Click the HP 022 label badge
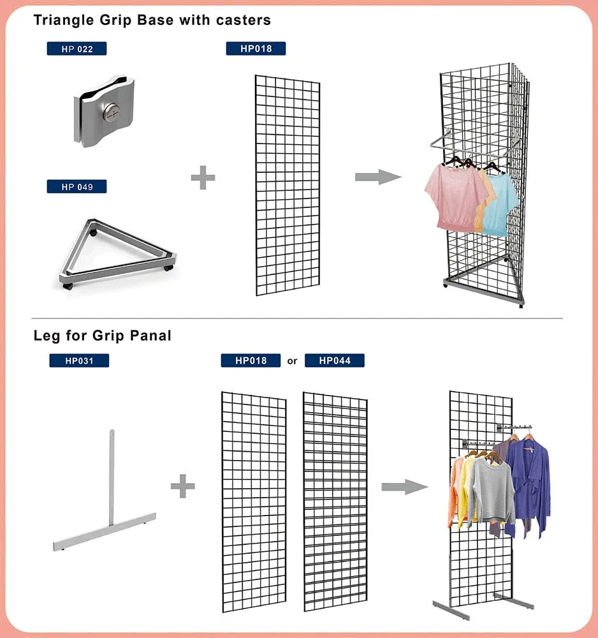pyautogui.click(x=77, y=48)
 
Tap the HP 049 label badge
pyautogui.click(x=77, y=187)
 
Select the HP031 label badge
pyautogui.click(x=79, y=361)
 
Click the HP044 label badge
pyautogui.click(x=335, y=361)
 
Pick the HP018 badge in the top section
pyautogui.click(x=255, y=48)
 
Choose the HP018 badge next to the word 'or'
pyautogui.click(x=251, y=361)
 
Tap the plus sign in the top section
pyautogui.click(x=203, y=177)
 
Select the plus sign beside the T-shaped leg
pyautogui.click(x=182, y=488)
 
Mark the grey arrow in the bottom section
pyautogui.click(x=404, y=487)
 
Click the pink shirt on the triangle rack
pyautogui.click(x=455, y=195)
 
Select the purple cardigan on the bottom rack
pyautogui.click(x=529, y=485)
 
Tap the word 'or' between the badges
pyautogui.click(x=292, y=361)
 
